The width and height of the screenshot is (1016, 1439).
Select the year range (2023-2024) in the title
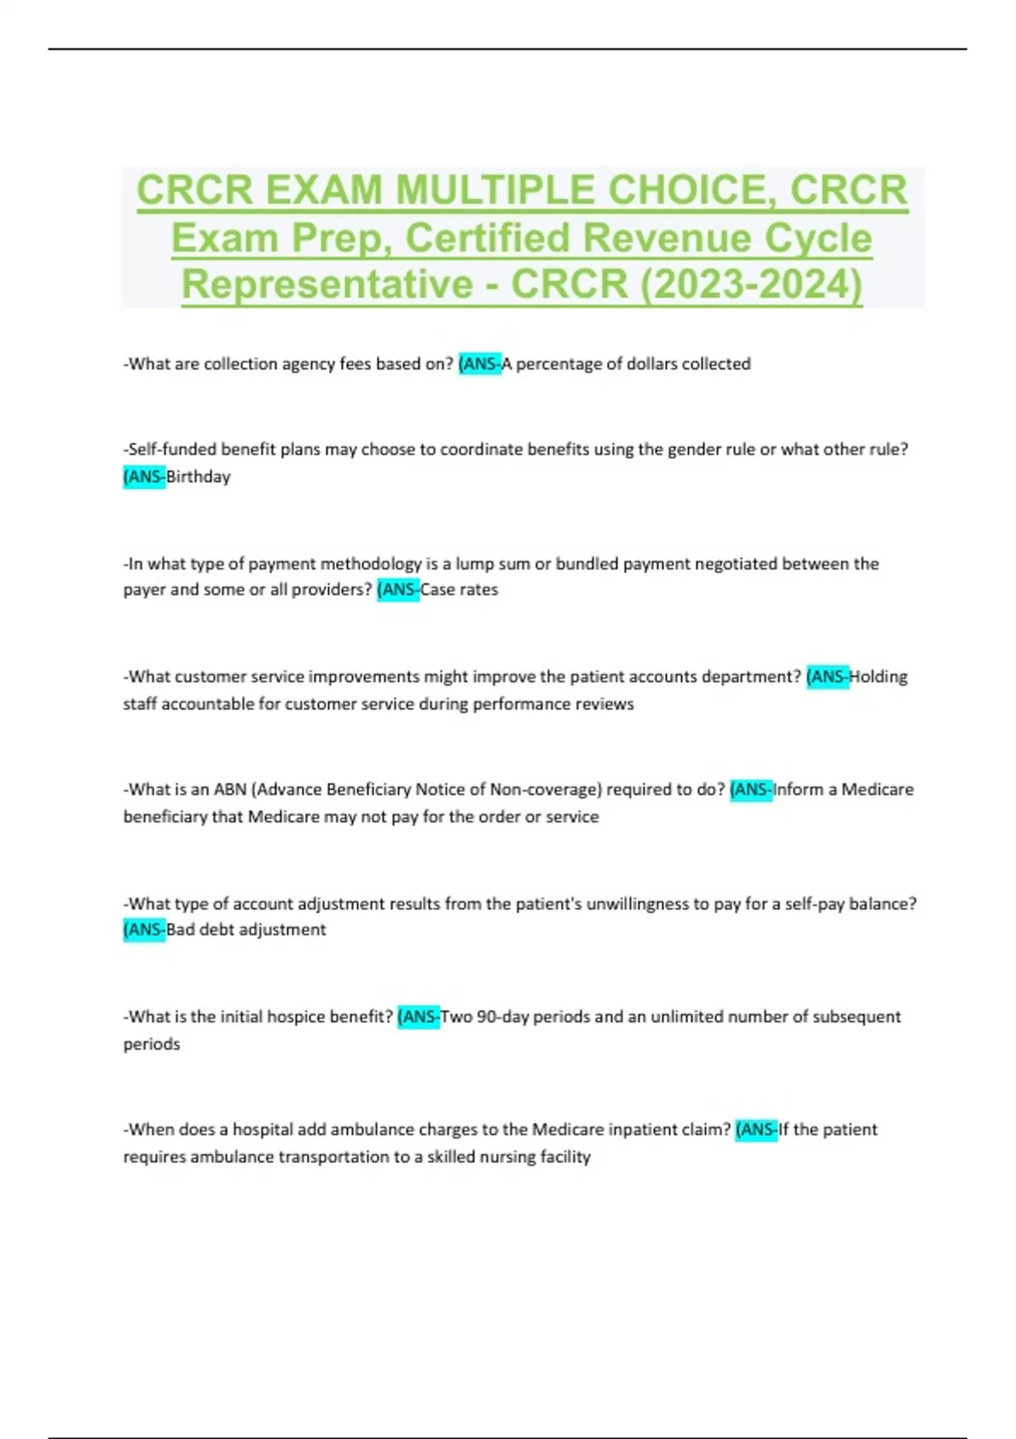pos(751,284)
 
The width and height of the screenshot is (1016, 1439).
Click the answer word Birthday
pos(198,477)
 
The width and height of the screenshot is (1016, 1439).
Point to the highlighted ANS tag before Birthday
pos(145,477)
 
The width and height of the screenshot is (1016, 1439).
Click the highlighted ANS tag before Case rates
pos(398,590)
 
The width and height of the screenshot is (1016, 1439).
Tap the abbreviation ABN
pos(229,790)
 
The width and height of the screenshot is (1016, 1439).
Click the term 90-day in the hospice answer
pos(502,1017)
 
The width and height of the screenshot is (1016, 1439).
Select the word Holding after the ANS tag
pos(878,677)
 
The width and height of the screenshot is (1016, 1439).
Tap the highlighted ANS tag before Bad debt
pos(145,929)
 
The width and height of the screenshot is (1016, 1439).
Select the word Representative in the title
pos(327,284)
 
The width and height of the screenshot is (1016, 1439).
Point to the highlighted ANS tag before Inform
pos(751,790)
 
